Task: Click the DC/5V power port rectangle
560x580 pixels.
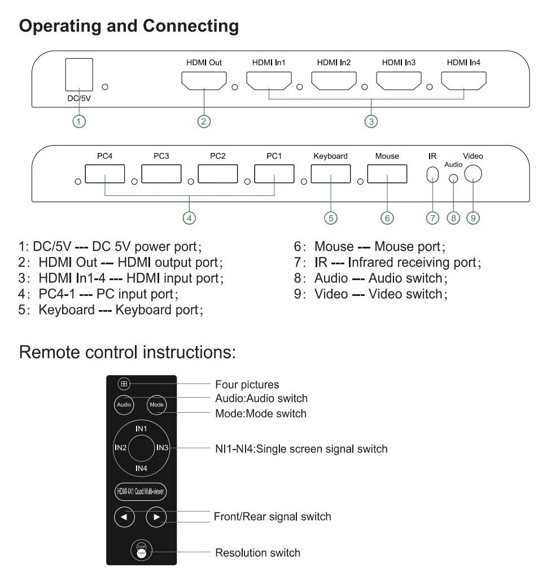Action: (79, 75)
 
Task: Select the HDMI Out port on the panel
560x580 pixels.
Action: (203, 82)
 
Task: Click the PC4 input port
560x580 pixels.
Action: (104, 174)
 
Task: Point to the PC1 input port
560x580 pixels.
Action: (274, 174)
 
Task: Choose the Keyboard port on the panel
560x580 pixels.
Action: (331, 174)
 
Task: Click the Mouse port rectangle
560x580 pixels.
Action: (387, 174)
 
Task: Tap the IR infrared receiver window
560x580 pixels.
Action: (432, 175)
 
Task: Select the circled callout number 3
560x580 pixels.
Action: (371, 121)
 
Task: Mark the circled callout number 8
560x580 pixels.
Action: (453, 219)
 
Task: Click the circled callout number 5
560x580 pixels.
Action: (331, 219)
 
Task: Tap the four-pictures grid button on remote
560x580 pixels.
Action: (124, 385)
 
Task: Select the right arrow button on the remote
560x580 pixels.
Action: (156, 516)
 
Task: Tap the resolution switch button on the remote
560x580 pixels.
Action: (141, 551)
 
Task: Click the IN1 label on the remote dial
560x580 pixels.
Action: (141, 429)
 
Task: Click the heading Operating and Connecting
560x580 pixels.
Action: (129, 26)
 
